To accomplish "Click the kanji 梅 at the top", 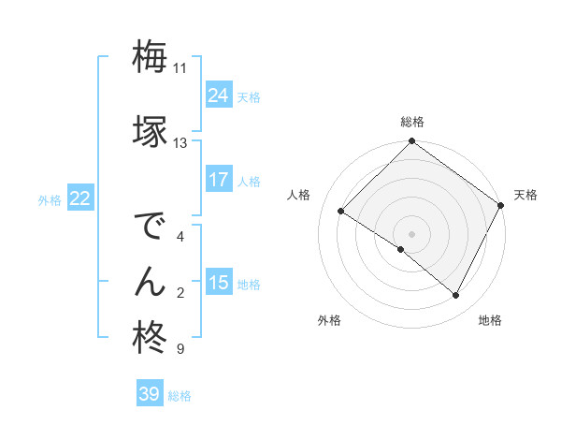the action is [150, 57].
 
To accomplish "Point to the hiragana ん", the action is [150, 281].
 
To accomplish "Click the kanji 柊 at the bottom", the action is [150, 337].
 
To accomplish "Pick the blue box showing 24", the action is [219, 95].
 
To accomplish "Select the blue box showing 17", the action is [219, 180].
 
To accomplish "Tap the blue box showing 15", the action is [219, 283].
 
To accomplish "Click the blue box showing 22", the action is [80, 198].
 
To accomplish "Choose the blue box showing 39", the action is [150, 394].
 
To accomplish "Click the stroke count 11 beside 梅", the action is [180, 68].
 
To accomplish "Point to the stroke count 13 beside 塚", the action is [180, 143].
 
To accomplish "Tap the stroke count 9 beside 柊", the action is [180, 349].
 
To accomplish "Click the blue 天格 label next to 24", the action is [249, 96].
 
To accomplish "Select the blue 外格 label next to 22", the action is [50, 199].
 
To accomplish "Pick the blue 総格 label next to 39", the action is [180, 396].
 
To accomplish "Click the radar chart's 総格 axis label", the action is [411, 122].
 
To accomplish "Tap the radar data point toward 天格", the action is [501, 205].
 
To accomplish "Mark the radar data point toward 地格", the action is [456, 296].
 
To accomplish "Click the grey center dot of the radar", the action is [411, 233].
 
